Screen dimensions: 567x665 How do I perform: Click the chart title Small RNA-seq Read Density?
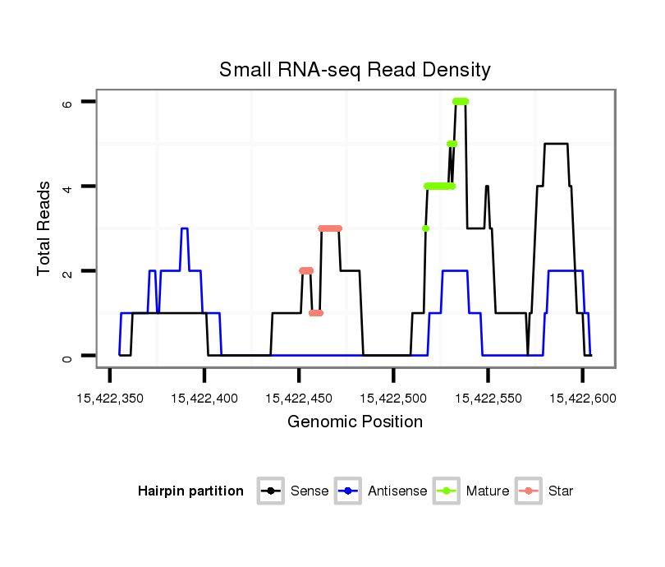355,70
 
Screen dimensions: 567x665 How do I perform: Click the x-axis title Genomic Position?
355,422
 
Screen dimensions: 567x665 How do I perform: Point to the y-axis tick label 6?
69,102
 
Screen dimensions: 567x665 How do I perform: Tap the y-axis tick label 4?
69,187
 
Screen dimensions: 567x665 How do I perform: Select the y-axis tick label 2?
69,271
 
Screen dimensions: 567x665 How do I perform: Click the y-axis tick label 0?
69,356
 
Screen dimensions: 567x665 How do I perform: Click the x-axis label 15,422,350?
110,399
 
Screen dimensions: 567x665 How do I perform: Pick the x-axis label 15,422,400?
204,399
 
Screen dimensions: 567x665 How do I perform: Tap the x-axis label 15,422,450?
299,399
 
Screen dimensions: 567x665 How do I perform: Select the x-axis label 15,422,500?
393,399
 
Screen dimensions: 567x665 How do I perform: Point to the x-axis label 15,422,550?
488,399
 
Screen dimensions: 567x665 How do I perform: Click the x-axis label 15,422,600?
582,399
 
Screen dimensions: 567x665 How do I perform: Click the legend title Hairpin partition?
190,491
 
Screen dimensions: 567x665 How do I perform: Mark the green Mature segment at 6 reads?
461,101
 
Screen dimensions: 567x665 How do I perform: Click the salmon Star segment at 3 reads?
330,228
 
